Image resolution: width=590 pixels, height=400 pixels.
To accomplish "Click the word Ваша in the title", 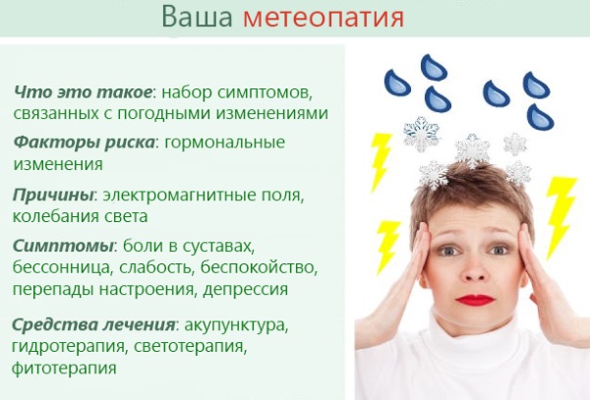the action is click(198, 17).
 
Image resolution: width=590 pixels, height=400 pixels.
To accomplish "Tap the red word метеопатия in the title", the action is click(324, 18).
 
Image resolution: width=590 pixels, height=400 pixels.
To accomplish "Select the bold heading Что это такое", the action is click(83, 91).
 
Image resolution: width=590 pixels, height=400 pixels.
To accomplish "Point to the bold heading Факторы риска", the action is click(84, 143).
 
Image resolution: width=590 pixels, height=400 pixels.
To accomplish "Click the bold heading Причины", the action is click(53, 196).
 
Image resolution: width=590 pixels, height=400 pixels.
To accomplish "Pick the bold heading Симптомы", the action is click(63, 247).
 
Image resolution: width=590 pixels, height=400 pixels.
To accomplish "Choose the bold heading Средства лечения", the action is click(93, 324).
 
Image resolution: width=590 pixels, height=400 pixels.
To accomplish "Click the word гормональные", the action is click(224, 143).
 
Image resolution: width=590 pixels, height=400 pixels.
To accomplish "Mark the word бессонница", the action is click(62, 267).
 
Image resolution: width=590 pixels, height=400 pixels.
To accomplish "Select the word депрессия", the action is click(246, 290).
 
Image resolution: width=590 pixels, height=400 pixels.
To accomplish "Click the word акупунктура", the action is click(236, 325).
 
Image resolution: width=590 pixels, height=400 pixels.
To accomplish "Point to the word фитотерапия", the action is click(64, 368).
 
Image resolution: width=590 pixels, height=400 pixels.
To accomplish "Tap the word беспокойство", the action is click(259, 267).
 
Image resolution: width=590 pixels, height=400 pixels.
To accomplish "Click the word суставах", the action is click(219, 247).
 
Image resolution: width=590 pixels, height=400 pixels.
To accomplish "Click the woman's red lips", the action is click(475, 300).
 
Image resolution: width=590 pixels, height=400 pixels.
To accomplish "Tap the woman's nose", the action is click(475, 270).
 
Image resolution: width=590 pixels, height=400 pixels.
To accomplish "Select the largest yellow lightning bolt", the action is click(560, 216).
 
